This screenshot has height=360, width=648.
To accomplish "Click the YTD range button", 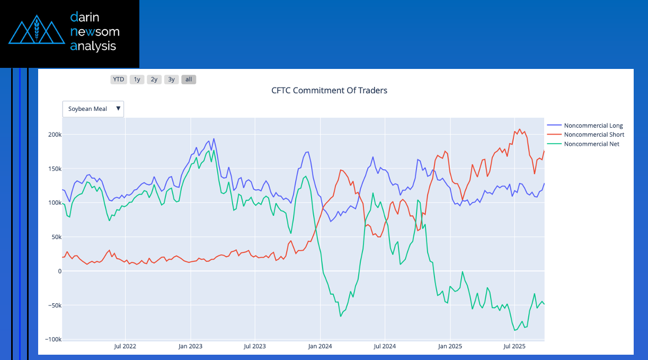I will click(118, 80).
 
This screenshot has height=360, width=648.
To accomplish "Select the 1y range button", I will click(137, 80).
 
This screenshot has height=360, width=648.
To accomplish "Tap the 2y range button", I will click(154, 80).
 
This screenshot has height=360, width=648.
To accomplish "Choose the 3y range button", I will click(171, 80).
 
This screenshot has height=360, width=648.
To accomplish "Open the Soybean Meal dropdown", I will click(93, 109).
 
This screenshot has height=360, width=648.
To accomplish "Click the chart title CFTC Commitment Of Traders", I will click(329, 91).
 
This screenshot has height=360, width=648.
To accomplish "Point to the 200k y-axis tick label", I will click(55, 135).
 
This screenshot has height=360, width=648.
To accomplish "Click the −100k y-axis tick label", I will click(54, 339).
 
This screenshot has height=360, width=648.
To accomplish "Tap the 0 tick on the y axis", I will click(59, 271).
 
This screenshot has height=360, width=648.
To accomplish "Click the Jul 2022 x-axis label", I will click(125, 346).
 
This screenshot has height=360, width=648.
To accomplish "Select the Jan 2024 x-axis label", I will click(320, 346).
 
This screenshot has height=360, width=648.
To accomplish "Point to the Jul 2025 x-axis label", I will click(514, 346).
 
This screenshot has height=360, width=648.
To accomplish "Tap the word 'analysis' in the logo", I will click(93, 46).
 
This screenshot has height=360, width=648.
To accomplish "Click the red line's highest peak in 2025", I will click(519, 129).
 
